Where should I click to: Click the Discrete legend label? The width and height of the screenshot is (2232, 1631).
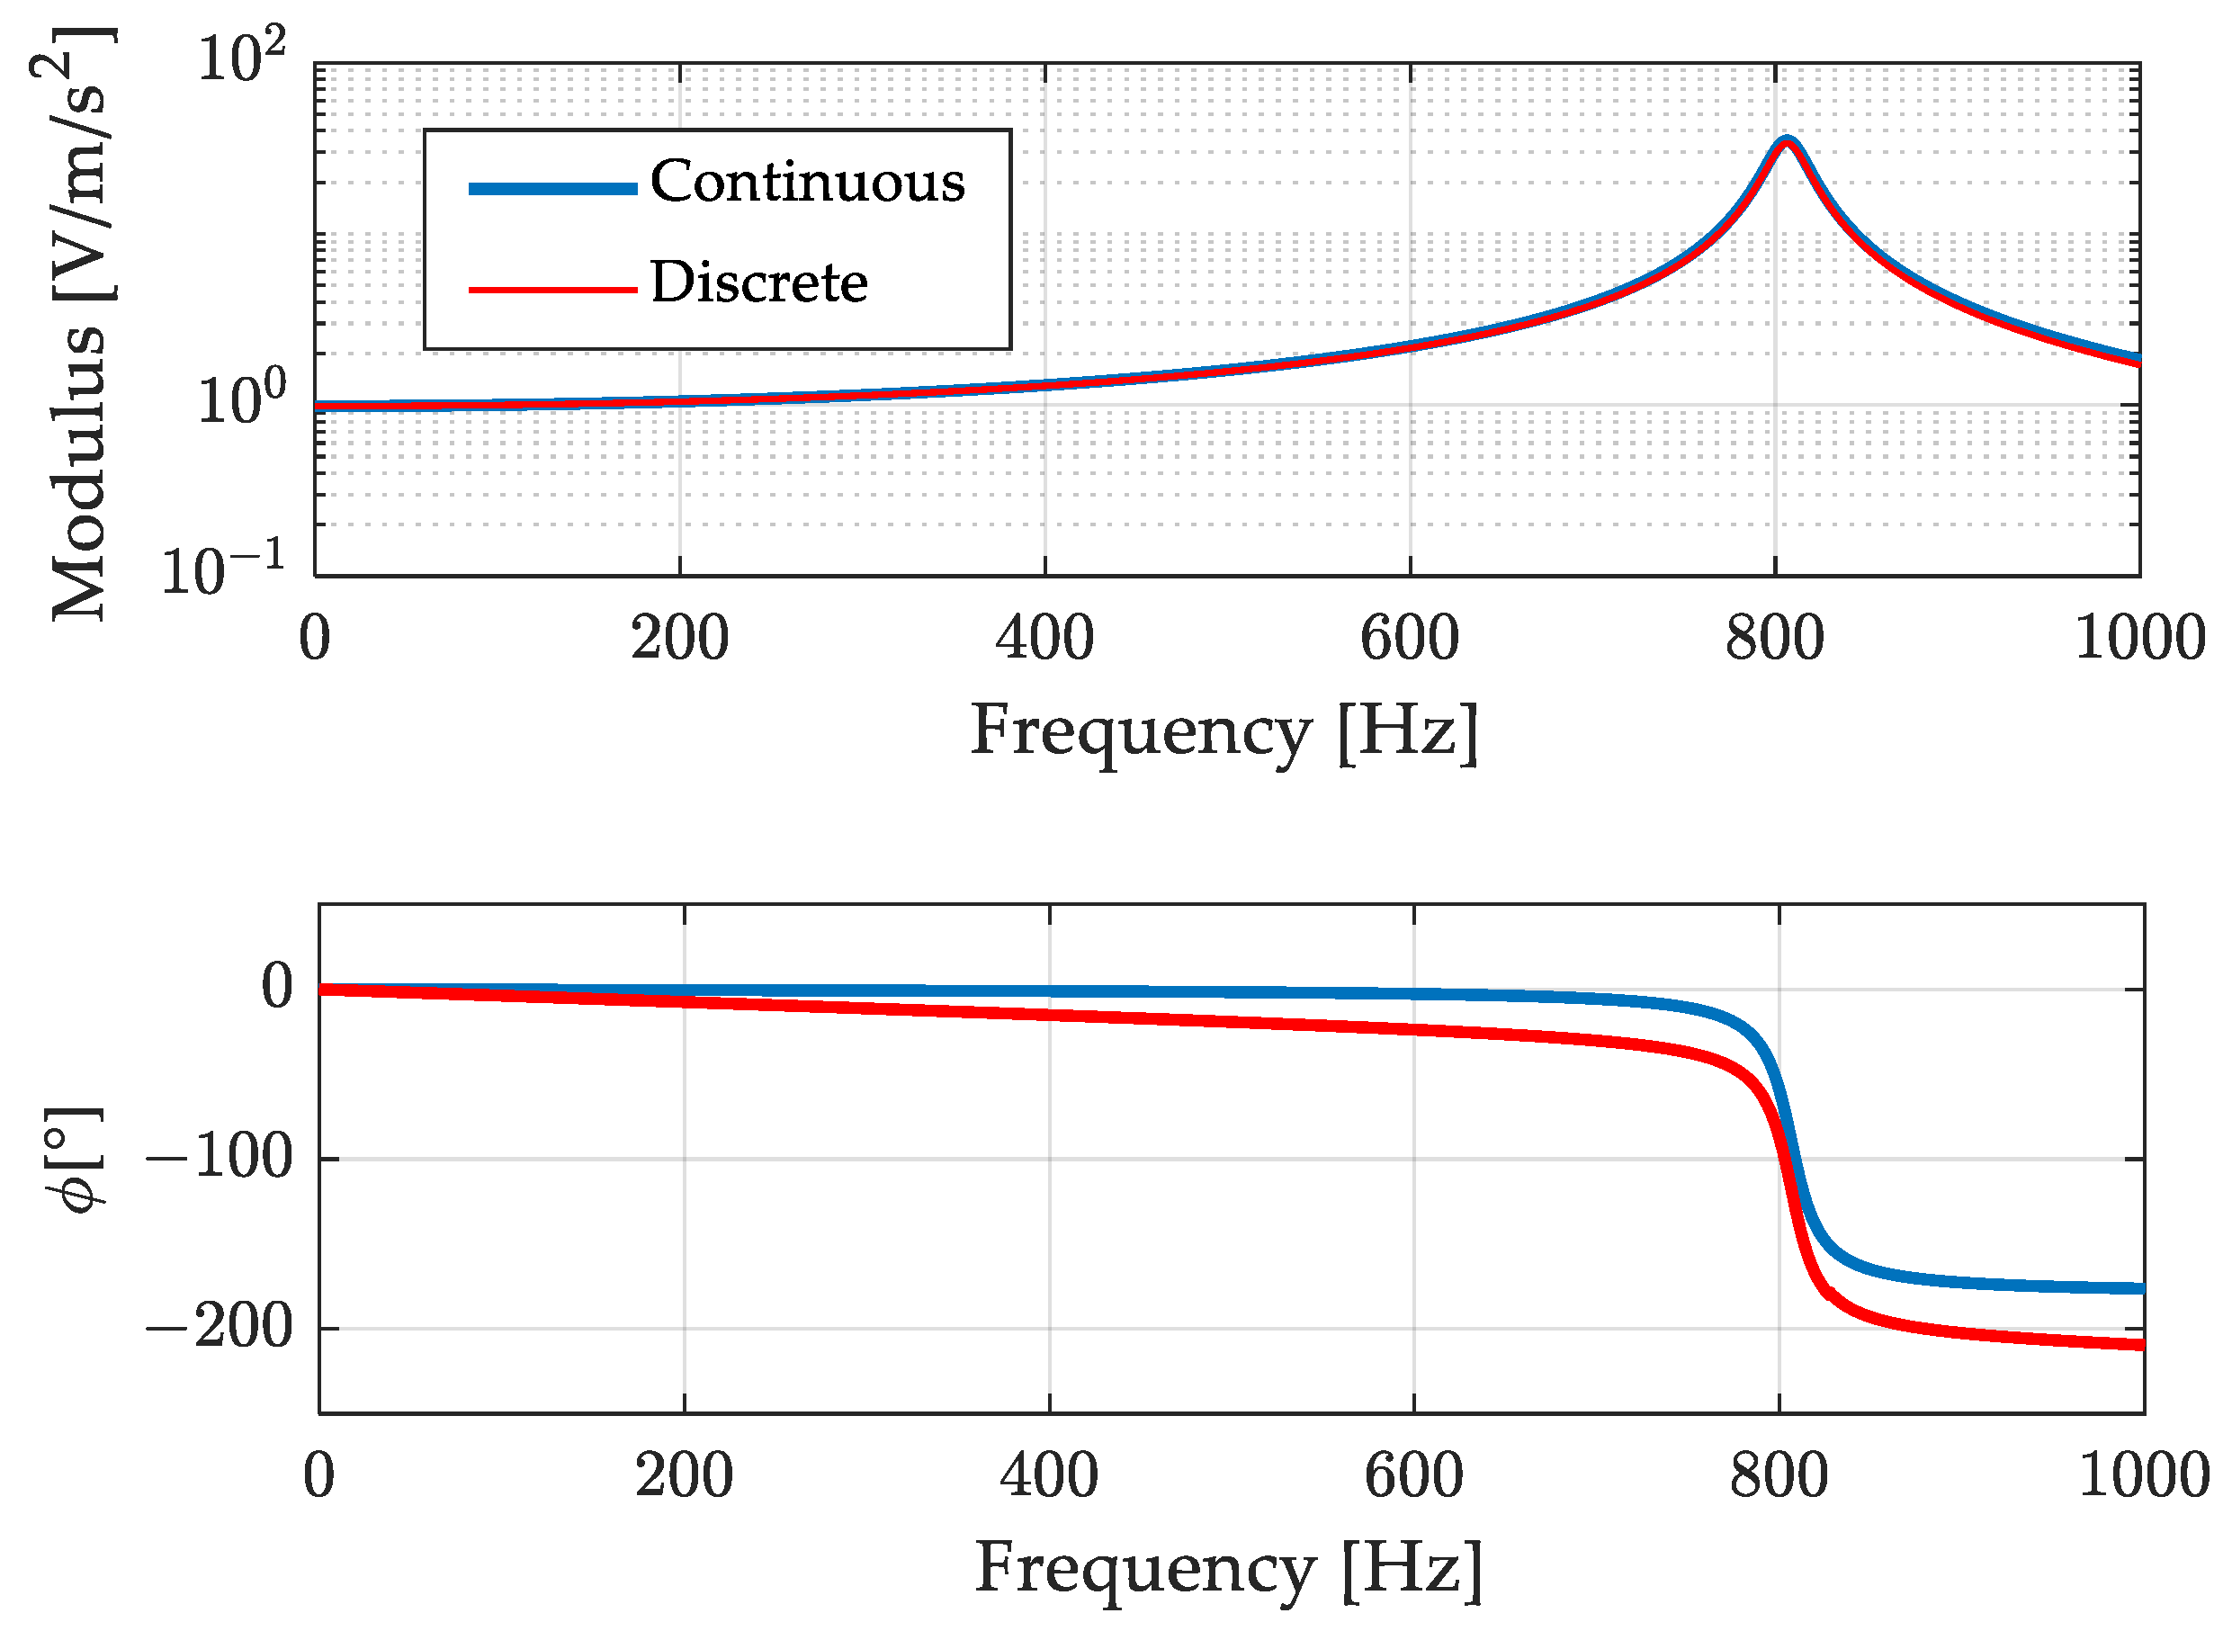(x=758, y=283)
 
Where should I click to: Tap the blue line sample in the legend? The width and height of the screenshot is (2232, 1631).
(x=551, y=189)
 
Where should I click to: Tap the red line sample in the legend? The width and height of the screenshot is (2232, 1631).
(x=551, y=290)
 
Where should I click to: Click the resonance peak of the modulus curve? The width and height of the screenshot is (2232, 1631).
(x=1786, y=140)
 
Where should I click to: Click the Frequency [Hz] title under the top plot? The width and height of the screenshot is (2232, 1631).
(x=1224, y=732)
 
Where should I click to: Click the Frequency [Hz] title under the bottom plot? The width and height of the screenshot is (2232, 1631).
(x=1228, y=1568)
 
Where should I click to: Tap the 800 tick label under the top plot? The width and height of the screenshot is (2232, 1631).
(x=1774, y=639)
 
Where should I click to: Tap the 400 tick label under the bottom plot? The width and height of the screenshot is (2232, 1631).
(x=1048, y=1476)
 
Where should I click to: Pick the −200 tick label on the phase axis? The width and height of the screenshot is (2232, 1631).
(x=220, y=1327)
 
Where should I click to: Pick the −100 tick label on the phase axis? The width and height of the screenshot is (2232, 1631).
(x=220, y=1157)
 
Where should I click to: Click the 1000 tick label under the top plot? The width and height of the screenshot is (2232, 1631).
(x=2139, y=639)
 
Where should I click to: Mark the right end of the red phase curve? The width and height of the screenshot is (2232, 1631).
(x=2141, y=1345)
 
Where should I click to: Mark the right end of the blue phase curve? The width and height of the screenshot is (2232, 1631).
(x=2141, y=1288)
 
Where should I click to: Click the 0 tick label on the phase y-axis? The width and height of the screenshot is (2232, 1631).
(x=277, y=986)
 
